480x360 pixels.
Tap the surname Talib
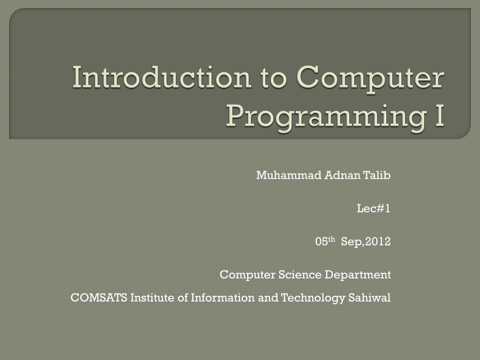tap(377, 175)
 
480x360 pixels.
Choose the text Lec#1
tap(374, 209)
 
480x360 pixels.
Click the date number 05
tap(321, 242)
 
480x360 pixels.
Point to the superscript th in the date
tap(331, 240)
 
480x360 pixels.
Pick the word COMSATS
tap(99, 298)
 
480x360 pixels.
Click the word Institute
tap(152, 298)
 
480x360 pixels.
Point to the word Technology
tap(314, 298)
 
